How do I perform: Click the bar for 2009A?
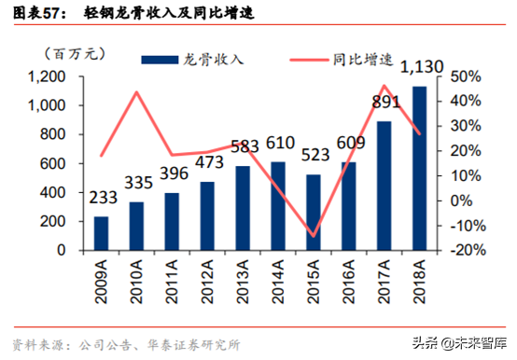point(101,233)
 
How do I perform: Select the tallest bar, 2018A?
point(419,168)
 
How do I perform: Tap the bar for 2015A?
point(313,212)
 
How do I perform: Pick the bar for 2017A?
point(384,186)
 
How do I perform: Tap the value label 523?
point(313,155)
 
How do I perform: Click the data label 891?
point(384,102)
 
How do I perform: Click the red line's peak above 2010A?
point(136,92)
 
